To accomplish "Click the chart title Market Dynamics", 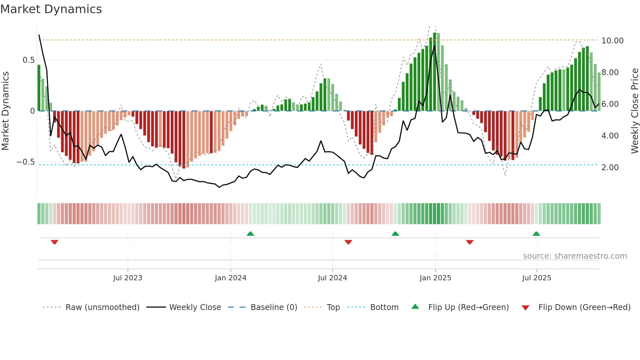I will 51,9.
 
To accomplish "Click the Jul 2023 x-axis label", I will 128,278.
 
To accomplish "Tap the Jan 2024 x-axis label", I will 231,278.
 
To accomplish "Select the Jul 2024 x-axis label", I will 332,278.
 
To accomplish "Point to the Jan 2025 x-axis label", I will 435,278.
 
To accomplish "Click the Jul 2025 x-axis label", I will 536,278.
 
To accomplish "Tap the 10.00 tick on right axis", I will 612,41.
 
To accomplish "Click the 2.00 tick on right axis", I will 610,168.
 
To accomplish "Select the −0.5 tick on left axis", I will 26,162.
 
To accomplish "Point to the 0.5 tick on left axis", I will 28,60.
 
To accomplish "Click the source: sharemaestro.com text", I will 575,256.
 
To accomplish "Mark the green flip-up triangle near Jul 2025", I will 536,234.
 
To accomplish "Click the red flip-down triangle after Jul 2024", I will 348,242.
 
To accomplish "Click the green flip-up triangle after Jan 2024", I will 250,234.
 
